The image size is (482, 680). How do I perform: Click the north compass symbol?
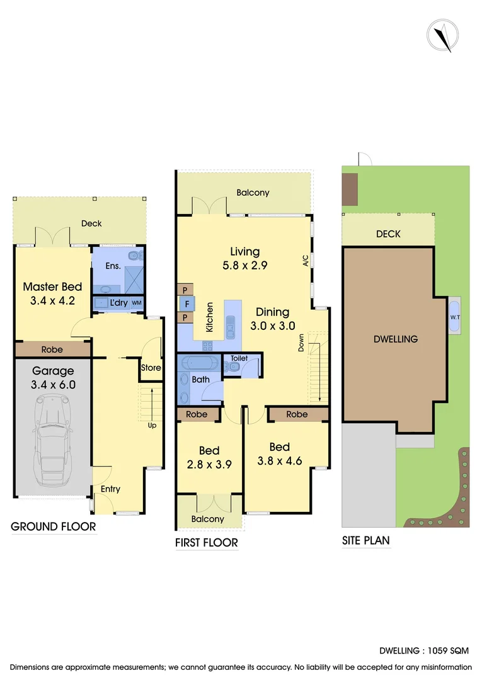[x=444, y=35]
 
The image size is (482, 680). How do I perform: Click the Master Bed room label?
[x=52, y=287]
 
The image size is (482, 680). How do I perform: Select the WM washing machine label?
[x=136, y=303]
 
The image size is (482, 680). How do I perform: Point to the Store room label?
[x=151, y=368]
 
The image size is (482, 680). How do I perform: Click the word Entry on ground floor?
[x=110, y=489]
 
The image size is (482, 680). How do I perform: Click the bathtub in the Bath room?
[x=198, y=364]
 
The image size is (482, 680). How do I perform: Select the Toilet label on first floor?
[x=239, y=358]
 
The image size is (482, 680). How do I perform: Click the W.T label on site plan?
[x=454, y=317]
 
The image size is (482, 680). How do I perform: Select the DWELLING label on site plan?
[x=396, y=339]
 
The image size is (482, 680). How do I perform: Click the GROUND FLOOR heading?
[x=54, y=527]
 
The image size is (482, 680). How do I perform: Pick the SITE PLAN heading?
[x=365, y=540]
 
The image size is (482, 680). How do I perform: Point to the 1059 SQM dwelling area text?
[x=449, y=651]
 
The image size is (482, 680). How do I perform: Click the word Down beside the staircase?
[x=301, y=343]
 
